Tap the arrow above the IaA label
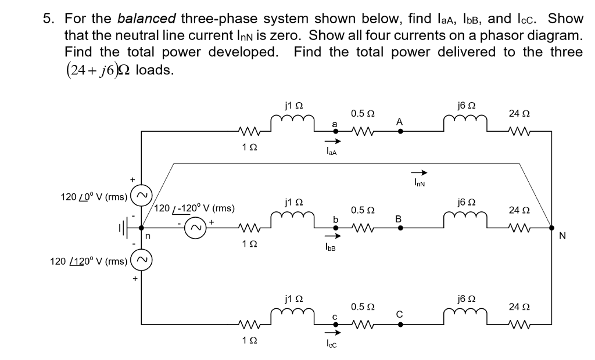(x=331, y=142)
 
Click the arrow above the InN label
(x=420, y=172)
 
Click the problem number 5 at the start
(x=49, y=17)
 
